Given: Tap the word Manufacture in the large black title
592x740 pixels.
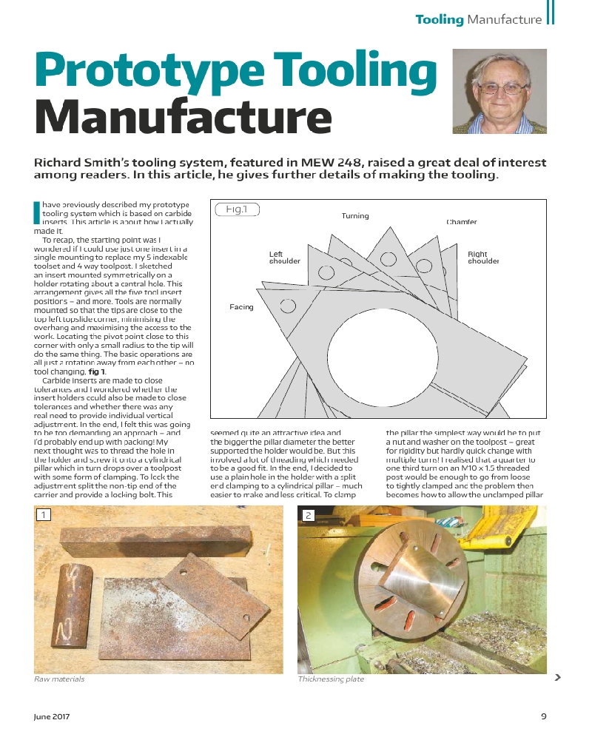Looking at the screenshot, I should pyautogui.click(x=183, y=117).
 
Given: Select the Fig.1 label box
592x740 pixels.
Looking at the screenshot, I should pyautogui.click(x=236, y=209).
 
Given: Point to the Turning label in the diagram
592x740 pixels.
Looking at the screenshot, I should pyautogui.click(x=355, y=216).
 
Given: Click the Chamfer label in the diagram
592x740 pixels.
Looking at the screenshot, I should pyautogui.click(x=462, y=222).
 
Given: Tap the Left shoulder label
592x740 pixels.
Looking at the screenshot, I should pyautogui.click(x=284, y=258).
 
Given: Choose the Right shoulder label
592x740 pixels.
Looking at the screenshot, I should pyautogui.click(x=483, y=258).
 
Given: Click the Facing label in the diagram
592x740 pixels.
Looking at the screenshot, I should pyautogui.click(x=241, y=307).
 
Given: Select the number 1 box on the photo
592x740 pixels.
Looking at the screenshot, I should pyautogui.click(x=44, y=514).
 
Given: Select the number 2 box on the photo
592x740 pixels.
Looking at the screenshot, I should pyautogui.click(x=307, y=514).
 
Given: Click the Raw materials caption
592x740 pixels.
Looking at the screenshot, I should pyautogui.click(x=59, y=679).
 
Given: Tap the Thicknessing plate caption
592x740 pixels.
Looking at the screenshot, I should pyautogui.click(x=331, y=679).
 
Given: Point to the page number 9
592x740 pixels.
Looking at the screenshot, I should pyautogui.click(x=543, y=716).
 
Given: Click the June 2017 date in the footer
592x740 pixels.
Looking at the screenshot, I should pyautogui.click(x=52, y=716).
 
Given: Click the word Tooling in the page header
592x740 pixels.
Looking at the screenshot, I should pyautogui.click(x=439, y=19).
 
